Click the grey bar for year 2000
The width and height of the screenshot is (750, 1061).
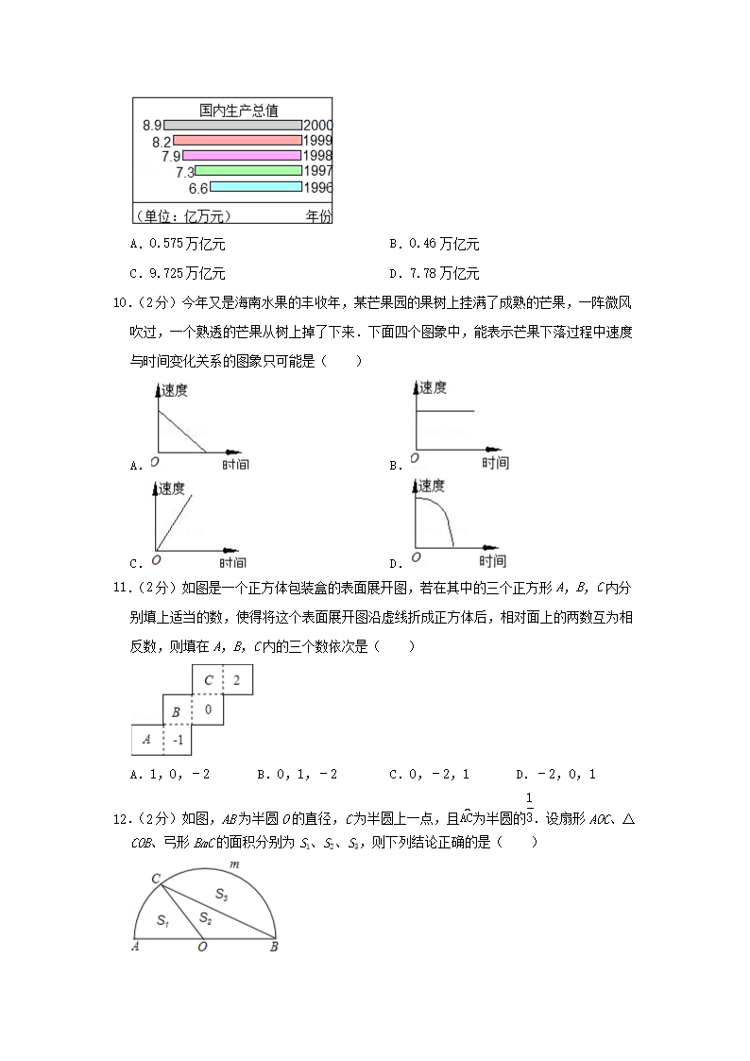click(x=233, y=125)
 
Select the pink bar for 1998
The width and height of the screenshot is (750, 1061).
click(x=241, y=156)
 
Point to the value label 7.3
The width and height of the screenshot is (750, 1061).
click(x=184, y=172)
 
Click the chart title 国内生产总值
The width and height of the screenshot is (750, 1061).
click(x=238, y=110)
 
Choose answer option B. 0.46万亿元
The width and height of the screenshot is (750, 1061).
click(x=435, y=245)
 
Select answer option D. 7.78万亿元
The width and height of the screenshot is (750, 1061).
click(x=435, y=274)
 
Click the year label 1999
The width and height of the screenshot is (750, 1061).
click(x=317, y=141)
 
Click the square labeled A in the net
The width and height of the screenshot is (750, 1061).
click(x=146, y=740)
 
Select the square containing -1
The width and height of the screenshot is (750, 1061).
click(x=177, y=740)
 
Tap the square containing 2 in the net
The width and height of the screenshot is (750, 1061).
click(x=237, y=680)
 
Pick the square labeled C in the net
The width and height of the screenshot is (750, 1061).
click(x=207, y=680)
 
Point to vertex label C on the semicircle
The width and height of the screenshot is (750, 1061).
click(x=155, y=879)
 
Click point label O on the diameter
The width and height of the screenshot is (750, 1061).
click(x=202, y=948)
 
